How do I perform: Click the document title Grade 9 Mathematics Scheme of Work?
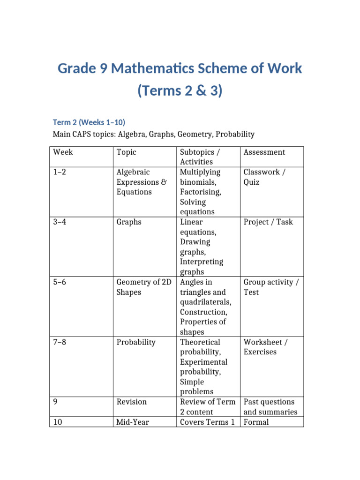180,69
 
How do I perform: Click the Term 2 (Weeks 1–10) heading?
89,122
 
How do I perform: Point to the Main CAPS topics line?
154,135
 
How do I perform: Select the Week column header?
63,152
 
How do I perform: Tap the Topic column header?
126,152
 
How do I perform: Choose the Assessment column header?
264,152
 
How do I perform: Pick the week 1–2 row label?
60,172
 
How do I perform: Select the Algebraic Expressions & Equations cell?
141,182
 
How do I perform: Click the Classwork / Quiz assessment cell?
264,177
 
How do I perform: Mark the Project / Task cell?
268,222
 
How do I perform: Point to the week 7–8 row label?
60,342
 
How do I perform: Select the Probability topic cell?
135,342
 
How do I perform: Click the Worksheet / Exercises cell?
265,347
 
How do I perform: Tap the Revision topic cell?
131,402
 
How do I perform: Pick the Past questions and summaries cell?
270,407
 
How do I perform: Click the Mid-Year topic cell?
132,422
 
